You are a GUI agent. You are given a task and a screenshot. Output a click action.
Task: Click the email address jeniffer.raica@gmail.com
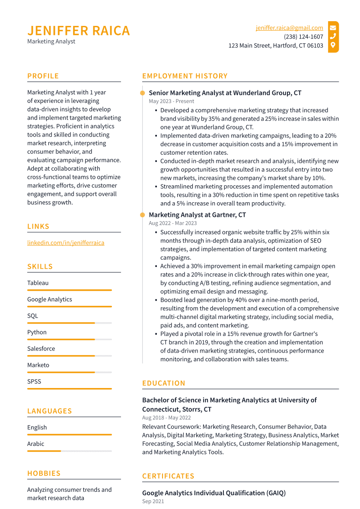(289, 28)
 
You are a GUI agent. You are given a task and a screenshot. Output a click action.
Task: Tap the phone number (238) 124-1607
(303, 37)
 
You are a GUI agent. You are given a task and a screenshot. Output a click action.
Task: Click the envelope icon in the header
(333, 28)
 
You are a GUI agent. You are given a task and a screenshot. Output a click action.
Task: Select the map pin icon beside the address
(333, 45)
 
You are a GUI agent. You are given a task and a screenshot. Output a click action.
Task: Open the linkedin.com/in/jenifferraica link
(66, 243)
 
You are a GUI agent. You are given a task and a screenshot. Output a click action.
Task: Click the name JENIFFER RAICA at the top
(79, 31)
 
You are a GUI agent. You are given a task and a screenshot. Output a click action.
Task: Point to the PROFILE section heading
(43, 76)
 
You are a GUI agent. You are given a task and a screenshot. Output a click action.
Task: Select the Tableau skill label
(38, 283)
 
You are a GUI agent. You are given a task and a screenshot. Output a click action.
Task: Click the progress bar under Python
(69, 339)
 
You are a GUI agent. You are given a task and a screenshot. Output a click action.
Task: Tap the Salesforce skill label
(41, 349)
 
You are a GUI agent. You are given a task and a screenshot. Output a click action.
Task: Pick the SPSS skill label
(34, 382)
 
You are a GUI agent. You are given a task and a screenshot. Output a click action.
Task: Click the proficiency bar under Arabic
(69, 451)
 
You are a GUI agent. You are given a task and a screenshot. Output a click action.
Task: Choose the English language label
(37, 427)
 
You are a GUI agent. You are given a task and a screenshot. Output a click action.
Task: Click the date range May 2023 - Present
(172, 101)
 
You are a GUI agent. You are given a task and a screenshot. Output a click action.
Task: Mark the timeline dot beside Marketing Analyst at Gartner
(142, 215)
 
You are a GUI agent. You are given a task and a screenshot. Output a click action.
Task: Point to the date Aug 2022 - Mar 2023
(172, 223)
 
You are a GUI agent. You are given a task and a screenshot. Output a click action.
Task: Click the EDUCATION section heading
(164, 383)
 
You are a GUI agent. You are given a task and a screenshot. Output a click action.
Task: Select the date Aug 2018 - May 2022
(166, 418)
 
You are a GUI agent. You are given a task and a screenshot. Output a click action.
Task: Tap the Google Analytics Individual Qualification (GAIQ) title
(214, 493)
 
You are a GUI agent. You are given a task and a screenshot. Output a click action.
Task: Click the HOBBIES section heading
(44, 474)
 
